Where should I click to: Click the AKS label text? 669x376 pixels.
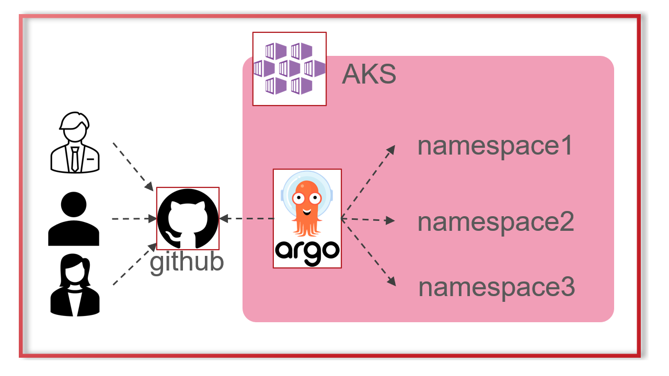pos(369,75)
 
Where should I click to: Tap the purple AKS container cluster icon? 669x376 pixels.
pos(289,68)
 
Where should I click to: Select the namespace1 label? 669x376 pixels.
pos(495,146)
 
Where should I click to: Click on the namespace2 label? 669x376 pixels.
pos(495,222)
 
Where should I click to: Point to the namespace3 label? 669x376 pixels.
pos(497,287)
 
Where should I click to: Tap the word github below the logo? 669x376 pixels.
pos(187,262)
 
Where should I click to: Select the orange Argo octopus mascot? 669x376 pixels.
pos(307,206)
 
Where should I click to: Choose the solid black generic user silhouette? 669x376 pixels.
pos(74,219)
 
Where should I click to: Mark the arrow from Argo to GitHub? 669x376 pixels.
pos(247,219)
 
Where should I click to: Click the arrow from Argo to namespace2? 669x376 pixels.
pos(367,220)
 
